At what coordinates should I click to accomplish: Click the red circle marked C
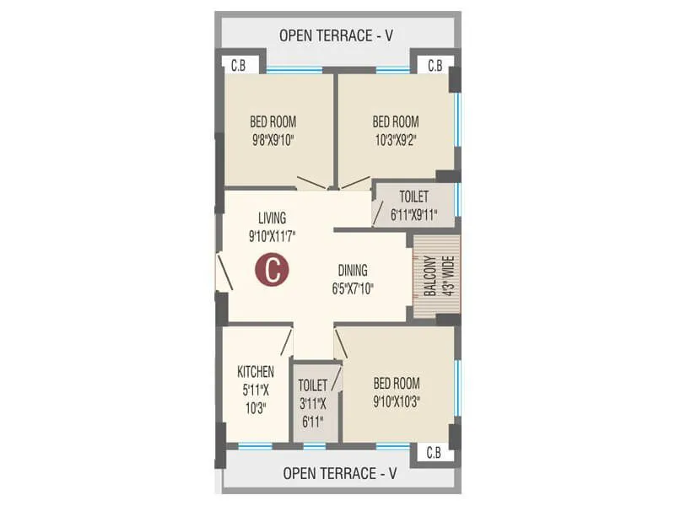click(x=273, y=271)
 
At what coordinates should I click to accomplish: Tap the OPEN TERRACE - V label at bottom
click(x=340, y=474)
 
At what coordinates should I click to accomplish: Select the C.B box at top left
click(x=239, y=65)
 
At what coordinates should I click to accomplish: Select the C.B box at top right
click(x=435, y=65)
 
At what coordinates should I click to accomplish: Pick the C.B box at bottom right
click(x=433, y=453)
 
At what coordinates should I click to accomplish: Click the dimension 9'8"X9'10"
click(x=273, y=139)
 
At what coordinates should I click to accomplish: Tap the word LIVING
click(x=272, y=217)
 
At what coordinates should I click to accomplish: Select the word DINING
click(x=353, y=271)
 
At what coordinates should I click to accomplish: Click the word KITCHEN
click(x=255, y=371)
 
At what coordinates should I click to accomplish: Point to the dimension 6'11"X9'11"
click(x=413, y=214)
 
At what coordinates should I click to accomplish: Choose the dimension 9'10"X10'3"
click(x=396, y=401)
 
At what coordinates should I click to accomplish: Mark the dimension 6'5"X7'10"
click(x=353, y=288)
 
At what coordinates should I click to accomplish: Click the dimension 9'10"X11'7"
click(x=272, y=236)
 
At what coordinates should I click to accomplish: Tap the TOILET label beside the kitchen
click(x=312, y=385)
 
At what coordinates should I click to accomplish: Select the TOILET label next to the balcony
click(x=413, y=196)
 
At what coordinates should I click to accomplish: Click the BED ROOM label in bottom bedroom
click(x=396, y=383)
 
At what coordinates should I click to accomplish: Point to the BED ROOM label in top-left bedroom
click(x=273, y=121)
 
